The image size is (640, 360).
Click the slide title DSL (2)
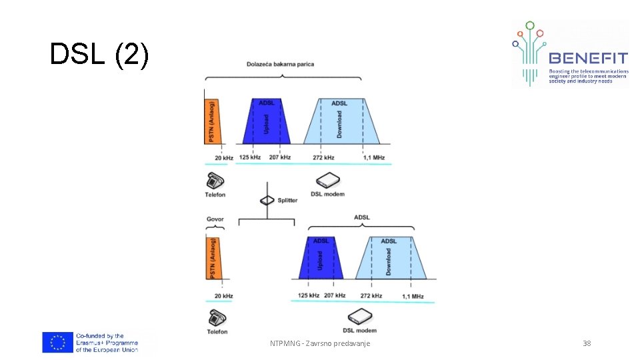tap(99, 55)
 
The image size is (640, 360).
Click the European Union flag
tap(57, 343)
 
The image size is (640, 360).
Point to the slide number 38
tap(587, 343)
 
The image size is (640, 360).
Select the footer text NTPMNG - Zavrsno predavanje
tap(320, 343)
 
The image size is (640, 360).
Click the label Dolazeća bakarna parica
tap(281, 65)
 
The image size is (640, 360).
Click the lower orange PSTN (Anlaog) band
tap(213, 259)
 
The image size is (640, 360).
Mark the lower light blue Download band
tap(391, 258)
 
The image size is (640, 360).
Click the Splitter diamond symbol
tap(267, 200)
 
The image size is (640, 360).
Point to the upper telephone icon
tap(215, 179)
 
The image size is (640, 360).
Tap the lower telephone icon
tap(217, 317)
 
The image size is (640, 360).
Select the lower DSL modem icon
tap(360, 316)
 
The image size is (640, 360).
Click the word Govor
tap(215, 218)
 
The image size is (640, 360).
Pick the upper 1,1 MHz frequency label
tap(374, 158)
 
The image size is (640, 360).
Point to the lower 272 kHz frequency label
tap(371, 295)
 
